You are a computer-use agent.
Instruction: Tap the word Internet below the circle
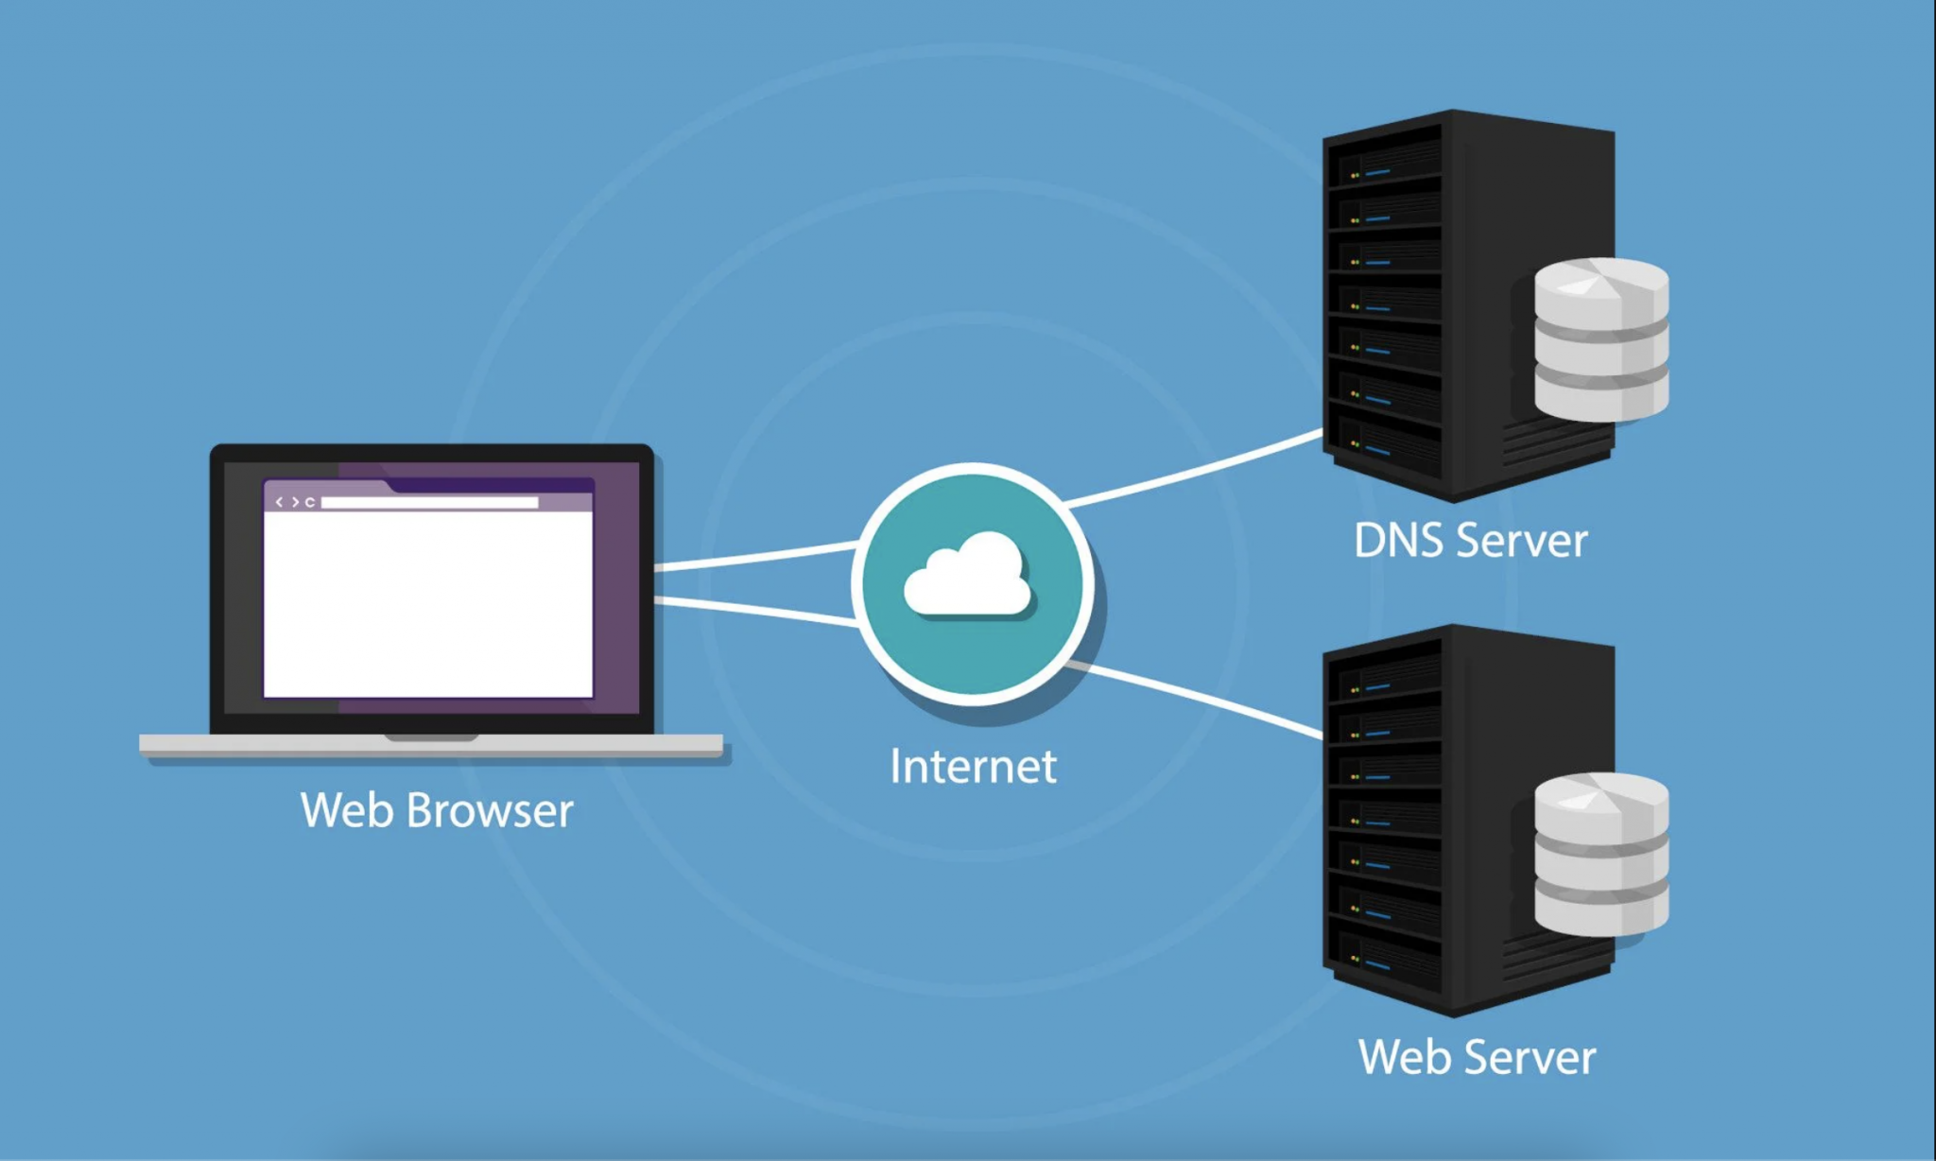tap(973, 767)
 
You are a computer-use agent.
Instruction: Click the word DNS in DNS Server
tap(1400, 541)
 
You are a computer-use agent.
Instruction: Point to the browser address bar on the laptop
tap(429, 503)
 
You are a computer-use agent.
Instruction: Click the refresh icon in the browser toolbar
tap(309, 503)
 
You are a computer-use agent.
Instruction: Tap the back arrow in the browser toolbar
tap(279, 503)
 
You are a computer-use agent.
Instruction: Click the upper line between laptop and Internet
tap(756, 556)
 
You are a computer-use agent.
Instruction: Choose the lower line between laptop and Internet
tap(756, 611)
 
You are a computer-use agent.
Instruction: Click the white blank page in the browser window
tap(427, 605)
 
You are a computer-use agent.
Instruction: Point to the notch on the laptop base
tap(431, 737)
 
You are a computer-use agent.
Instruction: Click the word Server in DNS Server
tap(1522, 541)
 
